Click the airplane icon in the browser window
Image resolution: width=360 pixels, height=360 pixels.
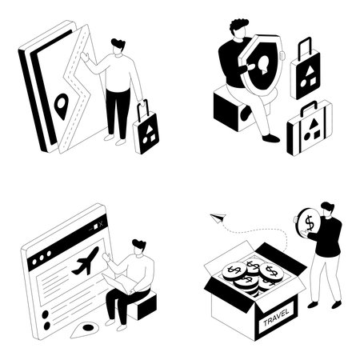click(85, 261)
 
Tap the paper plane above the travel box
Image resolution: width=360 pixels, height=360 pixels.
click(218, 217)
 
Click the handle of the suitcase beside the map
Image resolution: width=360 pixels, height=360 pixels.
click(142, 106)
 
